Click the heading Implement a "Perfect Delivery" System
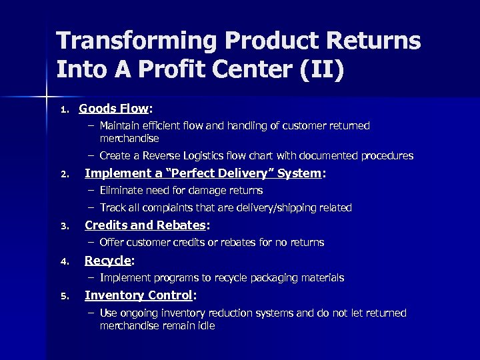coord(203,173)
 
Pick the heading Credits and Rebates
coord(145,225)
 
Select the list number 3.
coord(63,227)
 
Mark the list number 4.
coord(63,262)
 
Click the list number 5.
coord(63,297)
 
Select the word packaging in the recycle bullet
coord(263,277)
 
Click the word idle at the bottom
coord(204,326)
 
